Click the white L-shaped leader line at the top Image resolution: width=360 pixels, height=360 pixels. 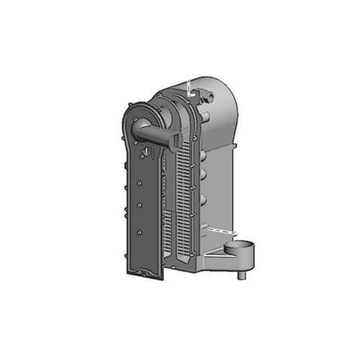click(x=189, y=87)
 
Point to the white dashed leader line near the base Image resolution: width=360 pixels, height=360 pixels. click(x=222, y=230)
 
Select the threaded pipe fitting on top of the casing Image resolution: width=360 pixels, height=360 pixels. click(x=209, y=92)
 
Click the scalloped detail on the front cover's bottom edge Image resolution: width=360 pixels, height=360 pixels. click(x=148, y=273)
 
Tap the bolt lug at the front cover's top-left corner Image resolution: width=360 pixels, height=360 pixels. click(x=128, y=108)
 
